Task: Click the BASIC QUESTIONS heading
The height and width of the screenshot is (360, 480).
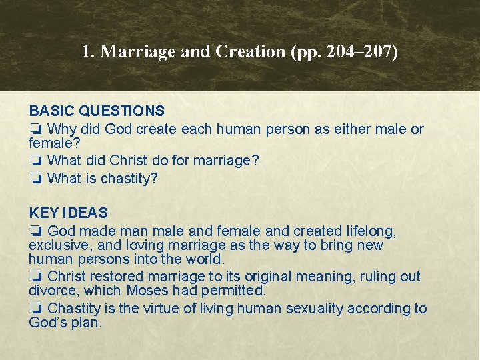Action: pos(97,111)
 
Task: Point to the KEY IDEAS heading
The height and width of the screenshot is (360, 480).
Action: pos(68,213)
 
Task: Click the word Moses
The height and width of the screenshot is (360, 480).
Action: pos(147,291)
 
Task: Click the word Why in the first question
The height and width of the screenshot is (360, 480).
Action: pos(62,129)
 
